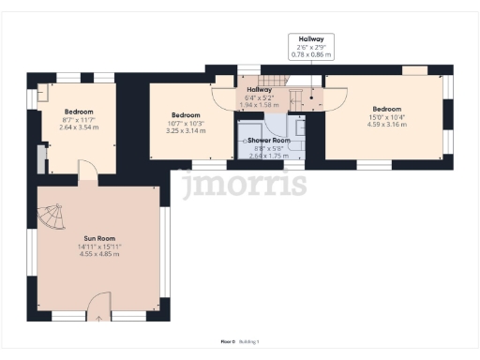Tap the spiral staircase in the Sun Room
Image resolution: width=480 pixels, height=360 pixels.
click(51, 220)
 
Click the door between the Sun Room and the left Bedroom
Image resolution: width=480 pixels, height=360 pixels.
click(85, 171)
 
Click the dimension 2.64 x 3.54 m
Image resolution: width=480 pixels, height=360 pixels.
click(79, 127)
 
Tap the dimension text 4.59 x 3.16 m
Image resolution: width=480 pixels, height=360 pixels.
click(386, 123)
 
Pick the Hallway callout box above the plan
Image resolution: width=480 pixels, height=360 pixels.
click(310, 46)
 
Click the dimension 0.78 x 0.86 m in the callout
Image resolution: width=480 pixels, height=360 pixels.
click(310, 54)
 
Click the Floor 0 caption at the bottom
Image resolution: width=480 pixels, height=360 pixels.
click(227, 343)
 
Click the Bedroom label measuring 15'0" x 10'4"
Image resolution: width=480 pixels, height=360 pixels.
click(386, 108)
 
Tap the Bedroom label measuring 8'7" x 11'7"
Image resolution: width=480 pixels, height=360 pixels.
click(79, 112)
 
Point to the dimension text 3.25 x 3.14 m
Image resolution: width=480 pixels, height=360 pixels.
click(185, 131)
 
